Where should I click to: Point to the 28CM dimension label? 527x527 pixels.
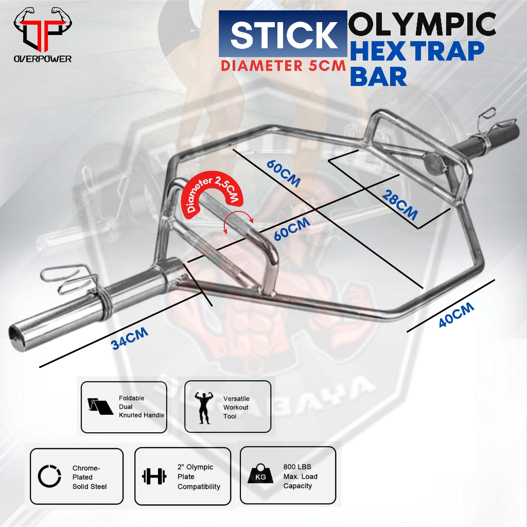399,204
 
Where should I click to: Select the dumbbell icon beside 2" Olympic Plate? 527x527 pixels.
154,476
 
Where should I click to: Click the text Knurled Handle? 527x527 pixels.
142,415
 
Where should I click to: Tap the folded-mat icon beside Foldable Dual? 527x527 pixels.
102,407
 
